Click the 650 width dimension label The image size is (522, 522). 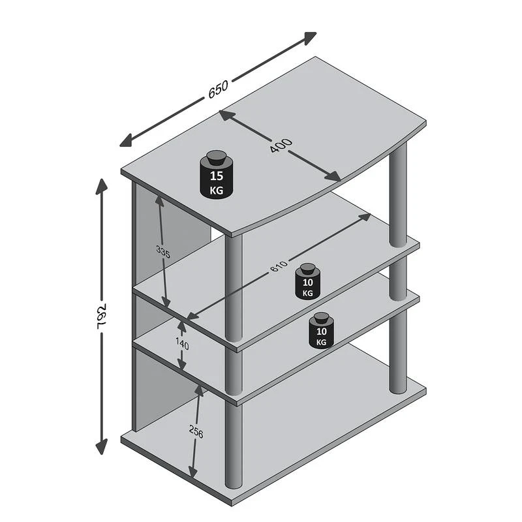click(218, 89)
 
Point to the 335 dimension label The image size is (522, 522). click(163, 253)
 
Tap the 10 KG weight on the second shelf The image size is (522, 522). click(307, 283)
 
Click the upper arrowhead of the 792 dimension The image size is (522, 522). click(102, 186)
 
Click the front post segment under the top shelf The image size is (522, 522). click(234, 287)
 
